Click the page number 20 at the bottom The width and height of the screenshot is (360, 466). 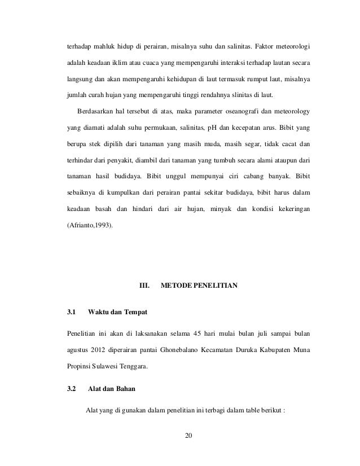[x=188, y=434]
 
